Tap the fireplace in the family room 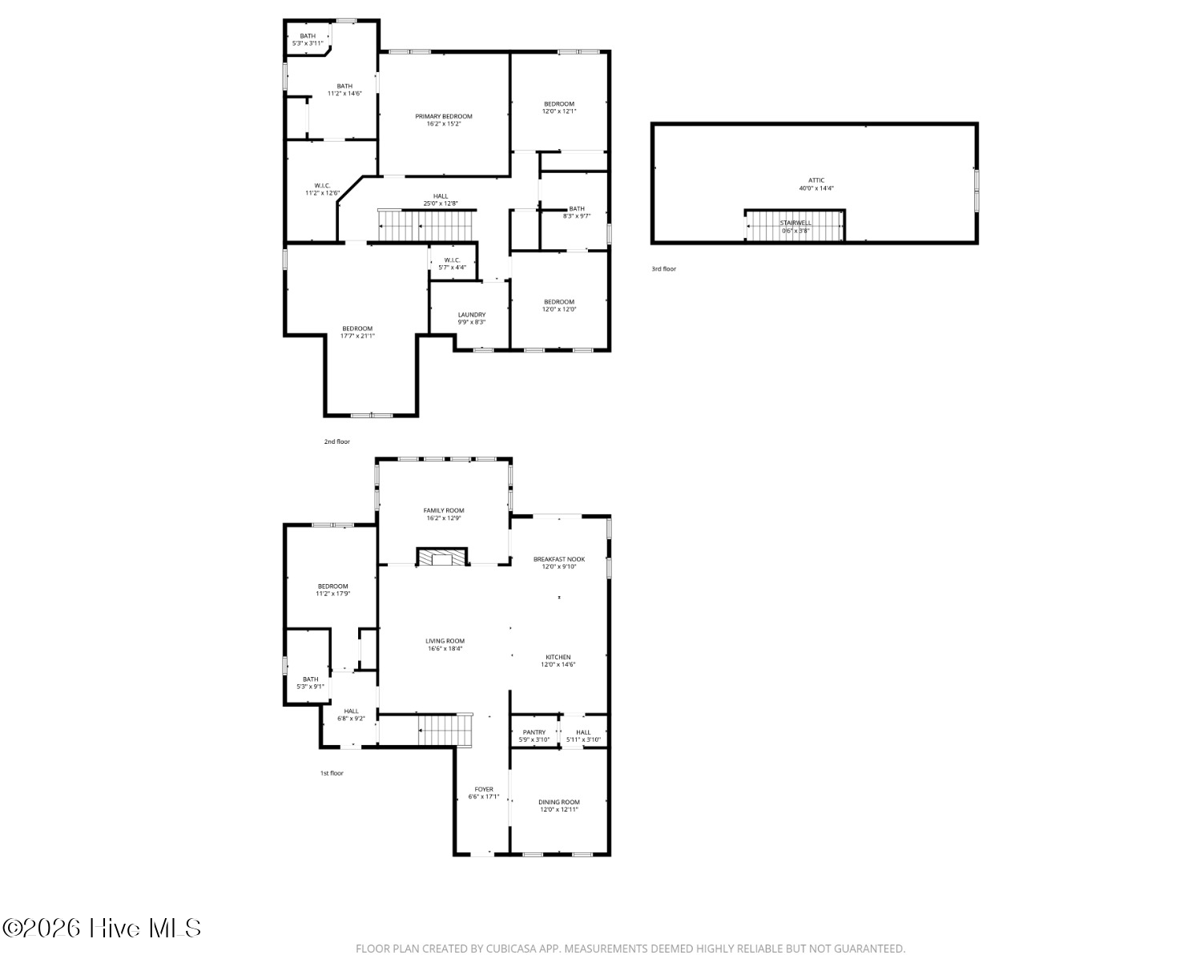coord(441,557)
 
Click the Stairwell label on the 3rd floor coord(795,223)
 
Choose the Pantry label coord(534,732)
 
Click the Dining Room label coord(559,802)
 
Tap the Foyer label coord(484,790)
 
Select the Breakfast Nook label coord(559,559)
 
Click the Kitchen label coord(558,657)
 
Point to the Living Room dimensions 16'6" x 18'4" coord(445,648)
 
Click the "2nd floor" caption coord(337,441)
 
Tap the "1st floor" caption coord(332,773)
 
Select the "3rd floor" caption coord(663,268)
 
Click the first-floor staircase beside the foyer coord(445,730)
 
